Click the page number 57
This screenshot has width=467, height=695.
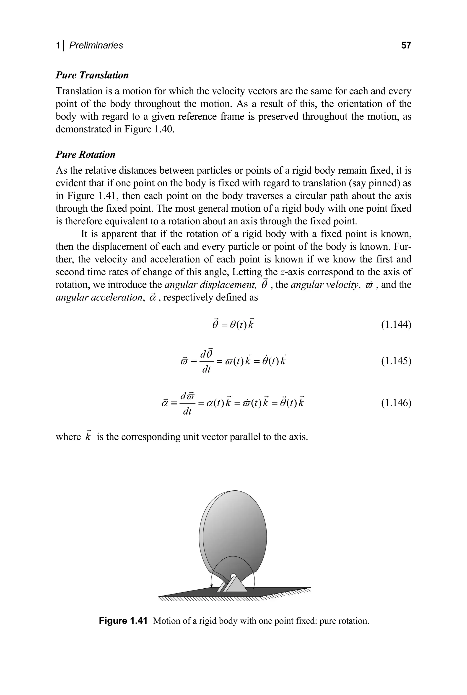click(x=406, y=45)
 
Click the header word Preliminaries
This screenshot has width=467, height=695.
click(x=96, y=45)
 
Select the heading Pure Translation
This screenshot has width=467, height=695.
click(x=92, y=75)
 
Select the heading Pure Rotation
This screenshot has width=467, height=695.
click(x=86, y=154)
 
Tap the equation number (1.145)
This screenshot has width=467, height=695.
click(x=396, y=361)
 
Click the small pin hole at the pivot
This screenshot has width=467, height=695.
click(x=233, y=575)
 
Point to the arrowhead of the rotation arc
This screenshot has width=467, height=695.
click(x=211, y=586)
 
